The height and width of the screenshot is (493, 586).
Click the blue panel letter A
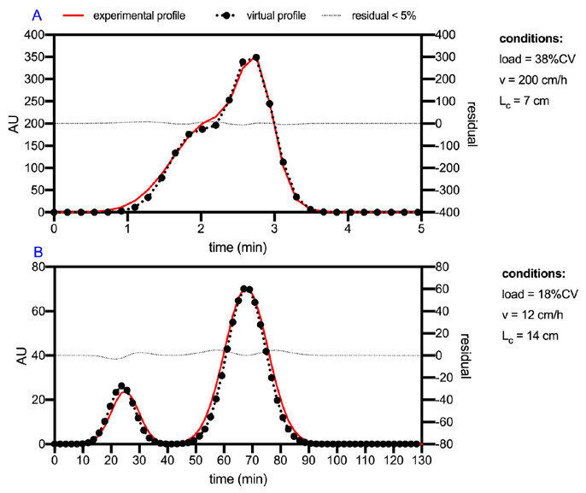[37, 15]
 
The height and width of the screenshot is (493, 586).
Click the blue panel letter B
[38, 252]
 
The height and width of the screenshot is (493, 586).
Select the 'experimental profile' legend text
[139, 15]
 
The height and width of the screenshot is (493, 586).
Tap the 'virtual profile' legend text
[276, 15]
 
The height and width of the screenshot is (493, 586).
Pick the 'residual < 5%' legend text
[384, 15]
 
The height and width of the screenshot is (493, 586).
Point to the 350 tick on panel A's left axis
[34, 57]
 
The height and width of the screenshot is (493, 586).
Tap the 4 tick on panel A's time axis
[348, 228]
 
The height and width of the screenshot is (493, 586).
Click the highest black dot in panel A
[256, 57]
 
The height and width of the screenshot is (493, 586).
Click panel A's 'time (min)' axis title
[237, 248]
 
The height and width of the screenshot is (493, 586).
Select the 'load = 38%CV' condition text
[537, 59]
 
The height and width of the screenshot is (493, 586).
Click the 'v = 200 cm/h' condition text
[533, 80]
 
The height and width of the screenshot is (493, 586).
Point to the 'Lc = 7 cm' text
[524, 102]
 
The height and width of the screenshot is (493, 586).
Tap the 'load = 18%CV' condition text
[540, 294]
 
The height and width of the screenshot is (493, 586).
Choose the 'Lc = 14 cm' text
[530, 337]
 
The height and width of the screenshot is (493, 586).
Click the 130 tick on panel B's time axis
[422, 461]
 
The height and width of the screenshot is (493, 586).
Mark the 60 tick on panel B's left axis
[38, 311]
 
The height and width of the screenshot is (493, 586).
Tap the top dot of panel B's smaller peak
[121, 385]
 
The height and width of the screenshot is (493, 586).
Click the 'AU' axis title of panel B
[22, 355]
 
